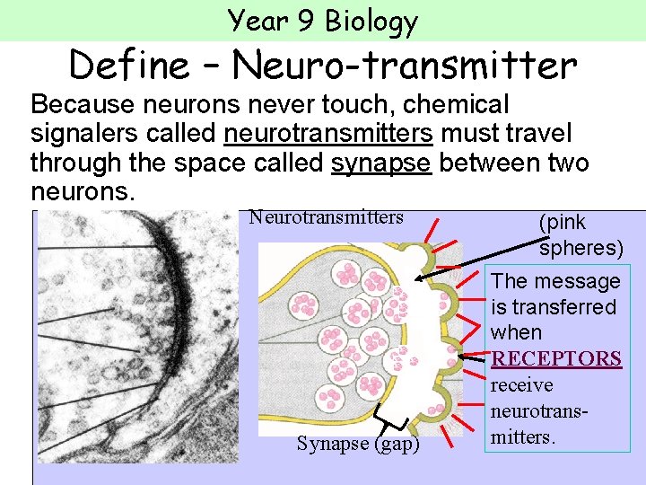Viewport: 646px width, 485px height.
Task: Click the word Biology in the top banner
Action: (371, 20)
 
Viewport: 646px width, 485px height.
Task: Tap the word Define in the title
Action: (127, 65)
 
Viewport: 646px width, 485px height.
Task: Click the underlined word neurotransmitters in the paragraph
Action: (328, 135)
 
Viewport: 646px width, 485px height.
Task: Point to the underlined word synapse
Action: (380, 163)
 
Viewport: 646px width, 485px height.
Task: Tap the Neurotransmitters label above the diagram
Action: (327, 216)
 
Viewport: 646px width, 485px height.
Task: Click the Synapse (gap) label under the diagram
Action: (358, 444)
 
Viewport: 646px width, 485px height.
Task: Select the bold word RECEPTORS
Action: (556, 358)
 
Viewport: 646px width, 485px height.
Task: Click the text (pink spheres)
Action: (579, 234)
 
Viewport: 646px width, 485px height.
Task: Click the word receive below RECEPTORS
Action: (522, 385)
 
